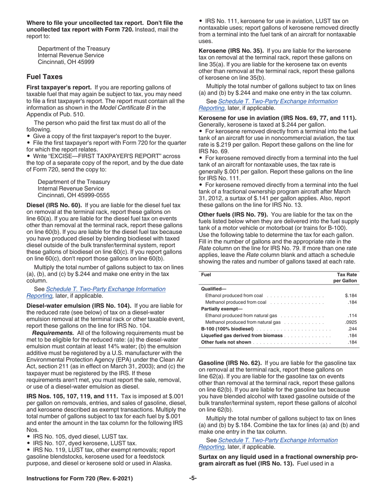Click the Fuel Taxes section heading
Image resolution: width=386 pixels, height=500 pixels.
click(44, 76)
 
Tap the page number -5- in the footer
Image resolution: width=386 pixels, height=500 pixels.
click(193, 478)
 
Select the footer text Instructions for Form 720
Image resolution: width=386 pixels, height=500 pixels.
click(79, 478)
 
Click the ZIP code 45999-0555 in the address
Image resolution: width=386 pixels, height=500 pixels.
click(93, 195)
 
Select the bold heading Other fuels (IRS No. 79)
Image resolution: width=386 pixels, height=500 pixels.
click(233, 214)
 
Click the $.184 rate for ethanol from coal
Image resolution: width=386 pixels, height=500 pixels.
click(350, 296)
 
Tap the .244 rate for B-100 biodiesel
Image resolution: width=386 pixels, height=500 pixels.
click(352, 328)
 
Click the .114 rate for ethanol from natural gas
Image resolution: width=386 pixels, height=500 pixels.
click(352, 315)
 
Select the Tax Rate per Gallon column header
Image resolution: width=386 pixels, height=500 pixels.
click(345, 278)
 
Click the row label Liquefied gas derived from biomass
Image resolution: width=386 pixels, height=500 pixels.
click(242, 335)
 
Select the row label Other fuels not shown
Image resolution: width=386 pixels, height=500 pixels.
click(226, 342)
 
